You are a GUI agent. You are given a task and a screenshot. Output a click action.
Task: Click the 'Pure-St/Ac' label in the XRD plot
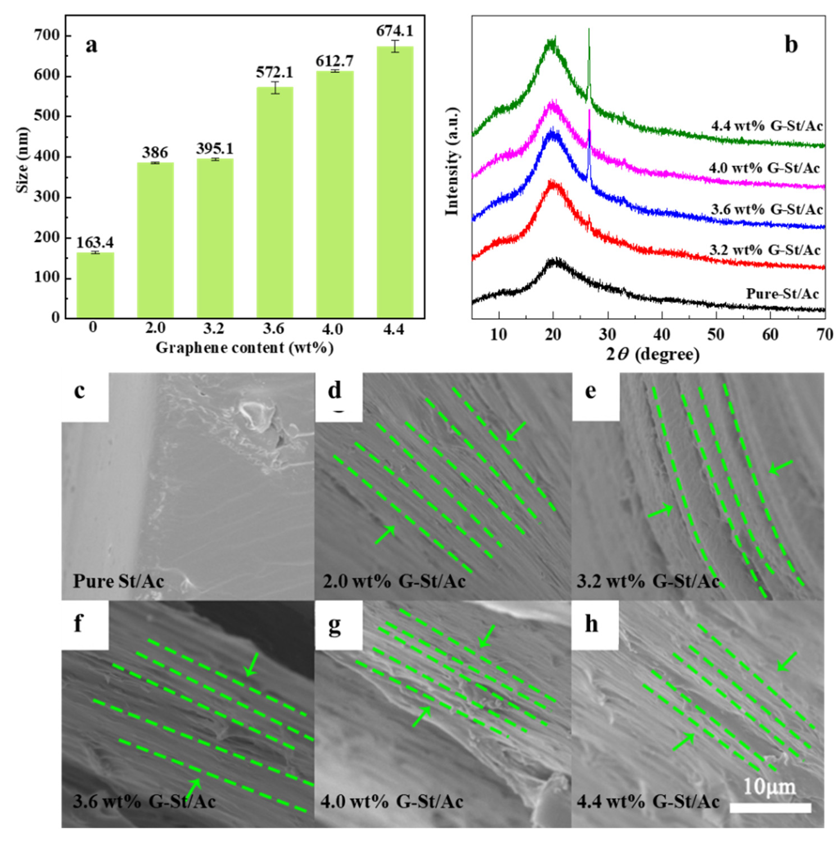(x=782, y=294)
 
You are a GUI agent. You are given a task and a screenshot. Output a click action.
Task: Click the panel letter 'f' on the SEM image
(x=78, y=624)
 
